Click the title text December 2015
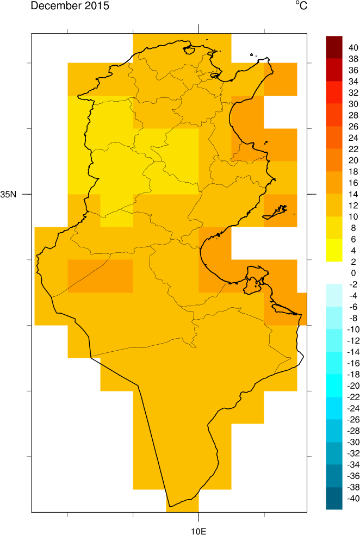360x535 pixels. pos(70,7)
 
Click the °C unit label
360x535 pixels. pos(301,6)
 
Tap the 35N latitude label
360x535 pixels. pos(9,194)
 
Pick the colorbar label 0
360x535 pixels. pos(353,272)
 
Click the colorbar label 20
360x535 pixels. pos(353,160)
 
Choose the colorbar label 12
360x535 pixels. pos(353,205)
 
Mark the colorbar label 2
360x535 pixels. pos(353,261)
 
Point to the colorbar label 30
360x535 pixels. pos(353,104)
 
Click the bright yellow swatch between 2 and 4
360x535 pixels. pos(334,256)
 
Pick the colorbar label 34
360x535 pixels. pos(353,82)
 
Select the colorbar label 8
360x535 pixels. pos(353,227)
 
